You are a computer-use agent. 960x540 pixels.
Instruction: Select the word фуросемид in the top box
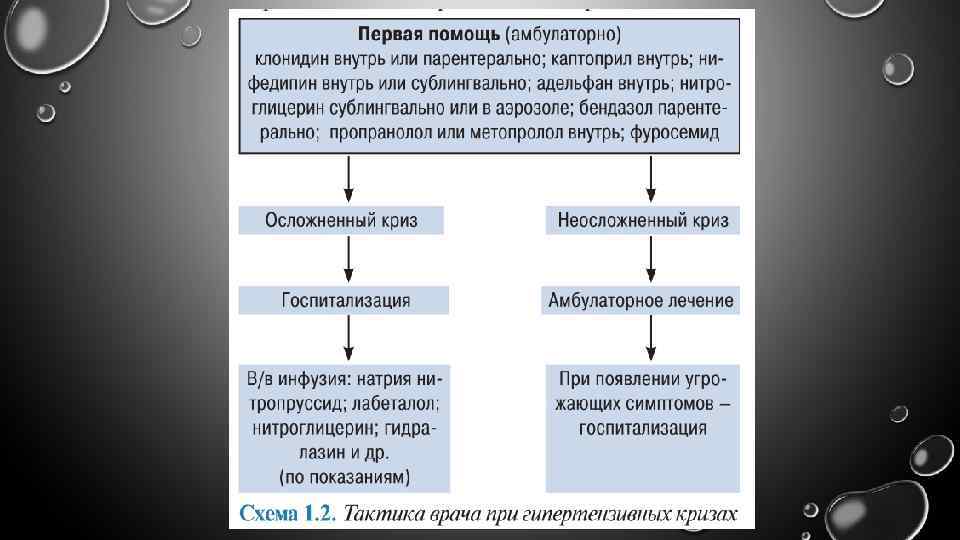[x=675, y=133]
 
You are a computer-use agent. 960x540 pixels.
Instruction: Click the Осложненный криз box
[x=341, y=220]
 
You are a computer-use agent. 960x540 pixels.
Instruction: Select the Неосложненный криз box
[x=642, y=220]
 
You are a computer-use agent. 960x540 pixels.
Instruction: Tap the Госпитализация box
[x=343, y=300]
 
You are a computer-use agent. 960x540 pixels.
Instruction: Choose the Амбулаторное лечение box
[x=642, y=300]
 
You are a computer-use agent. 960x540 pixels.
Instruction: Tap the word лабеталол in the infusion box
[x=396, y=404]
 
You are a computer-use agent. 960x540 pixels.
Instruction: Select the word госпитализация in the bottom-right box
[x=642, y=428]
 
